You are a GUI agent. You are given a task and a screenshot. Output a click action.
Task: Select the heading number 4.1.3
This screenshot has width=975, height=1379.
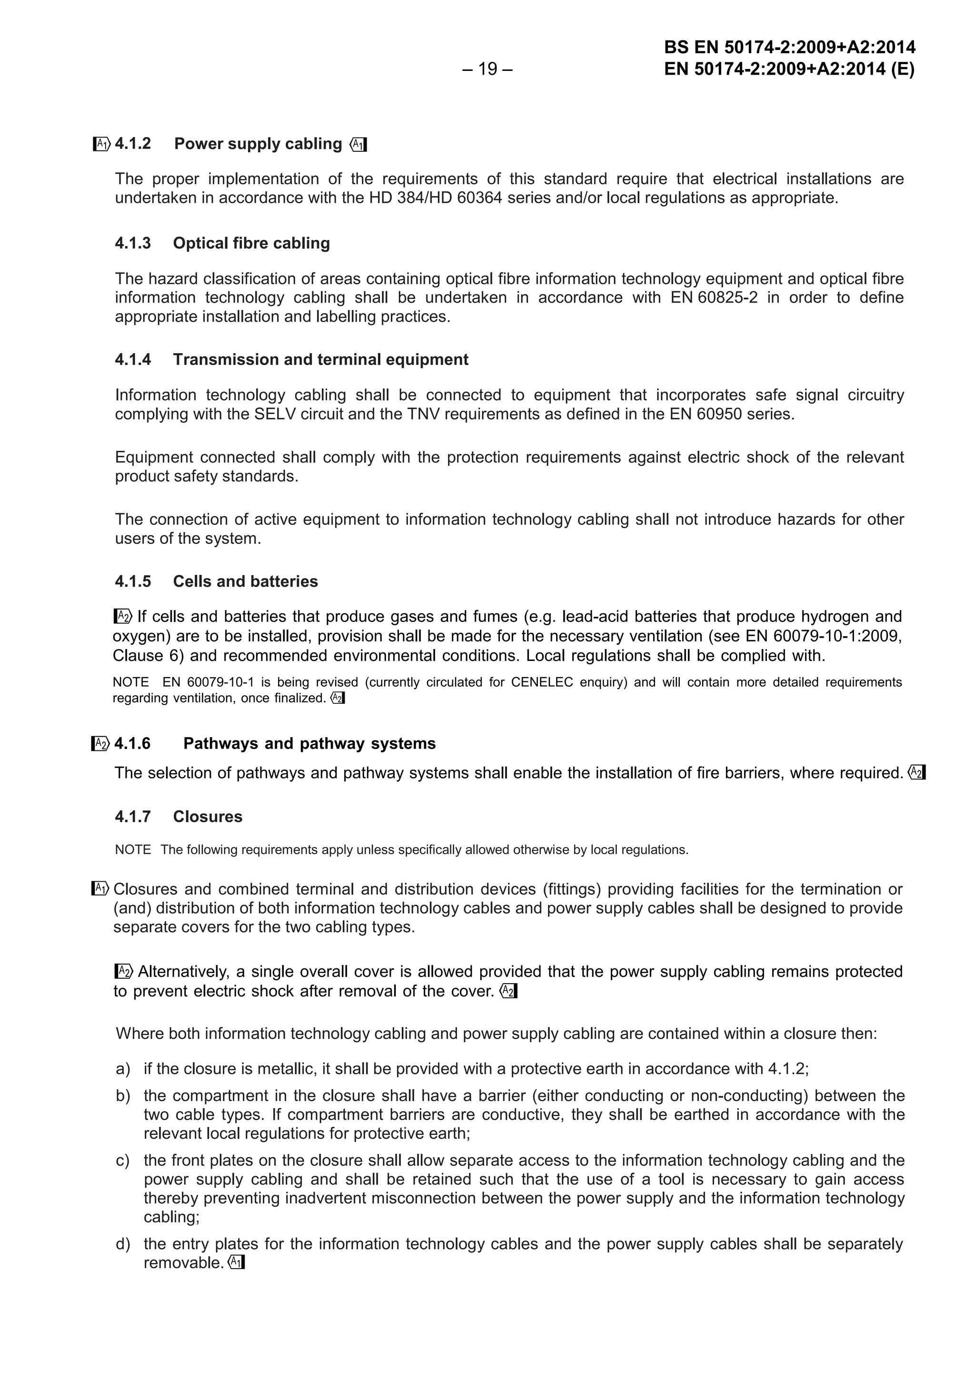tap(133, 243)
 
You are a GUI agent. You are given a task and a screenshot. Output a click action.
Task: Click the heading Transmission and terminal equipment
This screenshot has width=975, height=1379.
tap(320, 360)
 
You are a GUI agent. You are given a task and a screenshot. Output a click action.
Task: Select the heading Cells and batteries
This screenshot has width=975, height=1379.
tap(245, 581)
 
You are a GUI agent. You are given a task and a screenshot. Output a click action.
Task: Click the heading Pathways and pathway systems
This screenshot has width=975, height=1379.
tap(309, 744)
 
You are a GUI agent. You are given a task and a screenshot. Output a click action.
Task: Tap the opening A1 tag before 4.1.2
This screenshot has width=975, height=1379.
tap(101, 144)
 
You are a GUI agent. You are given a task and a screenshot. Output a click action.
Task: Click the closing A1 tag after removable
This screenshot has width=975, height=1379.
tap(237, 1263)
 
